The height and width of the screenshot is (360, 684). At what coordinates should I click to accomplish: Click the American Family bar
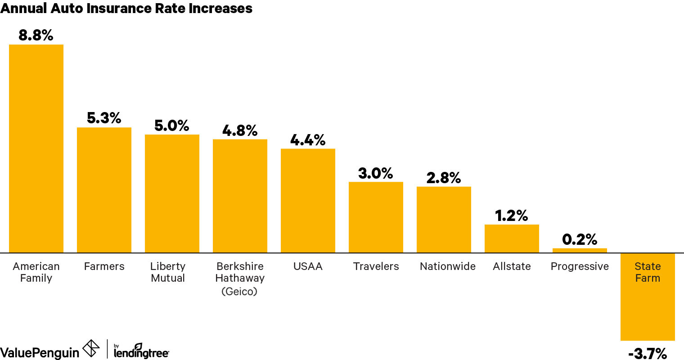coord(36,148)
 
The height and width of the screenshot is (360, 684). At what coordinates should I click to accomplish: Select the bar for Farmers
coord(104,190)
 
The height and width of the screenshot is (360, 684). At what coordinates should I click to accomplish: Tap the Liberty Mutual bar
coord(172,193)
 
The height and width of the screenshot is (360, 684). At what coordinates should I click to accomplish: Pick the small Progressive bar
coord(580,251)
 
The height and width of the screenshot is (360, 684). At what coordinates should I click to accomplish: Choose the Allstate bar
coord(512,238)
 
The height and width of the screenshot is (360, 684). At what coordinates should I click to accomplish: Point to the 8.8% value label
coord(36,35)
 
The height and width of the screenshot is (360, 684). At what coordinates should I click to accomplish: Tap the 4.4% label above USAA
coord(308,140)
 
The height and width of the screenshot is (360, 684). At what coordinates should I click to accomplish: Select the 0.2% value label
coord(580,239)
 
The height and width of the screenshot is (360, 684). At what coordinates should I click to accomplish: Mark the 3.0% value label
coord(376,173)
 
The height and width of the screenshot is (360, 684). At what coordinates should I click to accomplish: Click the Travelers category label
coord(376,266)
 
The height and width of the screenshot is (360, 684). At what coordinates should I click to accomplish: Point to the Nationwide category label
coord(447,266)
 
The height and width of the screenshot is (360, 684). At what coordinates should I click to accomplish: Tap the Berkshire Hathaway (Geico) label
coord(240,279)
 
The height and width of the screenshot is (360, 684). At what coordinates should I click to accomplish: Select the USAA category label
coord(308,266)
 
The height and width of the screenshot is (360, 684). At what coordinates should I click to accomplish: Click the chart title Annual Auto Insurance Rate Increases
coord(126,8)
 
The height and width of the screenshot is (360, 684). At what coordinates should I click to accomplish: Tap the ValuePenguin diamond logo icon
coord(91,348)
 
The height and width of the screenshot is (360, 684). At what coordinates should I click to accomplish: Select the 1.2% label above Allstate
coord(512,216)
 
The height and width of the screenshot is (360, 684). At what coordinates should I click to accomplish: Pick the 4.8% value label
coord(240,130)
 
